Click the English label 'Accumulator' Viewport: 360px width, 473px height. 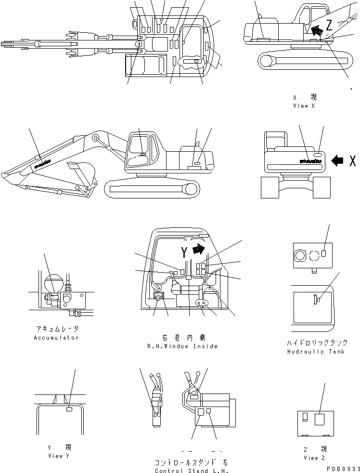56,338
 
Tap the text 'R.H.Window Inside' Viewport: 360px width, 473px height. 182,346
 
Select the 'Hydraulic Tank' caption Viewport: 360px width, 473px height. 315,352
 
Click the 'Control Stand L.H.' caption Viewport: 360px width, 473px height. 191,471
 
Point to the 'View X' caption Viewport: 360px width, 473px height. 304,106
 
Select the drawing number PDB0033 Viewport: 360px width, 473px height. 343,468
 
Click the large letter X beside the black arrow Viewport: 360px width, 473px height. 353,161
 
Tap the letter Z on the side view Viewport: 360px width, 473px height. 329,24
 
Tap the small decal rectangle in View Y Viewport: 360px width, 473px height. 69,410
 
